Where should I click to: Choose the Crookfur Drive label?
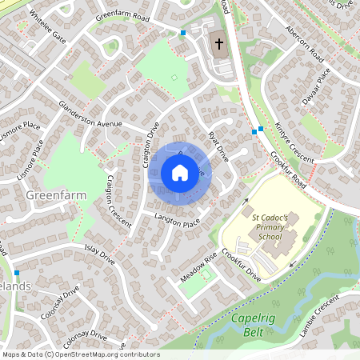242,263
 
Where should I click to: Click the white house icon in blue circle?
179,173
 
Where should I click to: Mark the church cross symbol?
218,43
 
